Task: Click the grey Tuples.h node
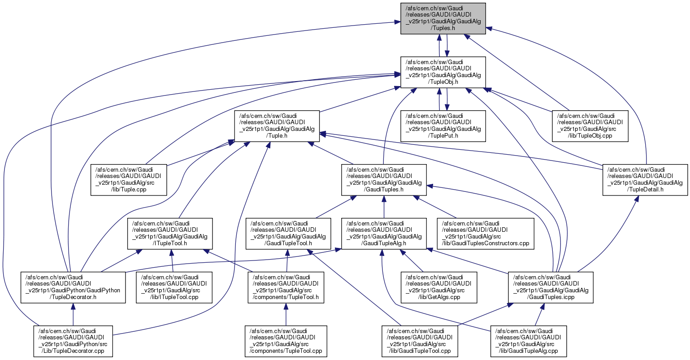[443, 18]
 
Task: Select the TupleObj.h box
[443, 72]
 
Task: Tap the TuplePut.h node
[443, 126]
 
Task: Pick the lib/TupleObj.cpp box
[590, 126]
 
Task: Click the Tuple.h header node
[277, 126]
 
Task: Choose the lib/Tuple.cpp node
[129, 179]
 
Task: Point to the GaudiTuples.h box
[384, 179]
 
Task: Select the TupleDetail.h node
[645, 179]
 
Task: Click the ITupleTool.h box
[169, 233]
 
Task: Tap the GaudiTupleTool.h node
[288, 233]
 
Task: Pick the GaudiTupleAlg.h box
[384, 233]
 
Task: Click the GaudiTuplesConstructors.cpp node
[486, 233]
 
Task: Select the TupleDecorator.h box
[73, 287]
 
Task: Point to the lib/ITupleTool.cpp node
[174, 287]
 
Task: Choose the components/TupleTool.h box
[285, 287]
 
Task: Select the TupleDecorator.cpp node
[73, 341]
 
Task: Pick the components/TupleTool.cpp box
[285, 341]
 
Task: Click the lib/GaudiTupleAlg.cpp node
[528, 341]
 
